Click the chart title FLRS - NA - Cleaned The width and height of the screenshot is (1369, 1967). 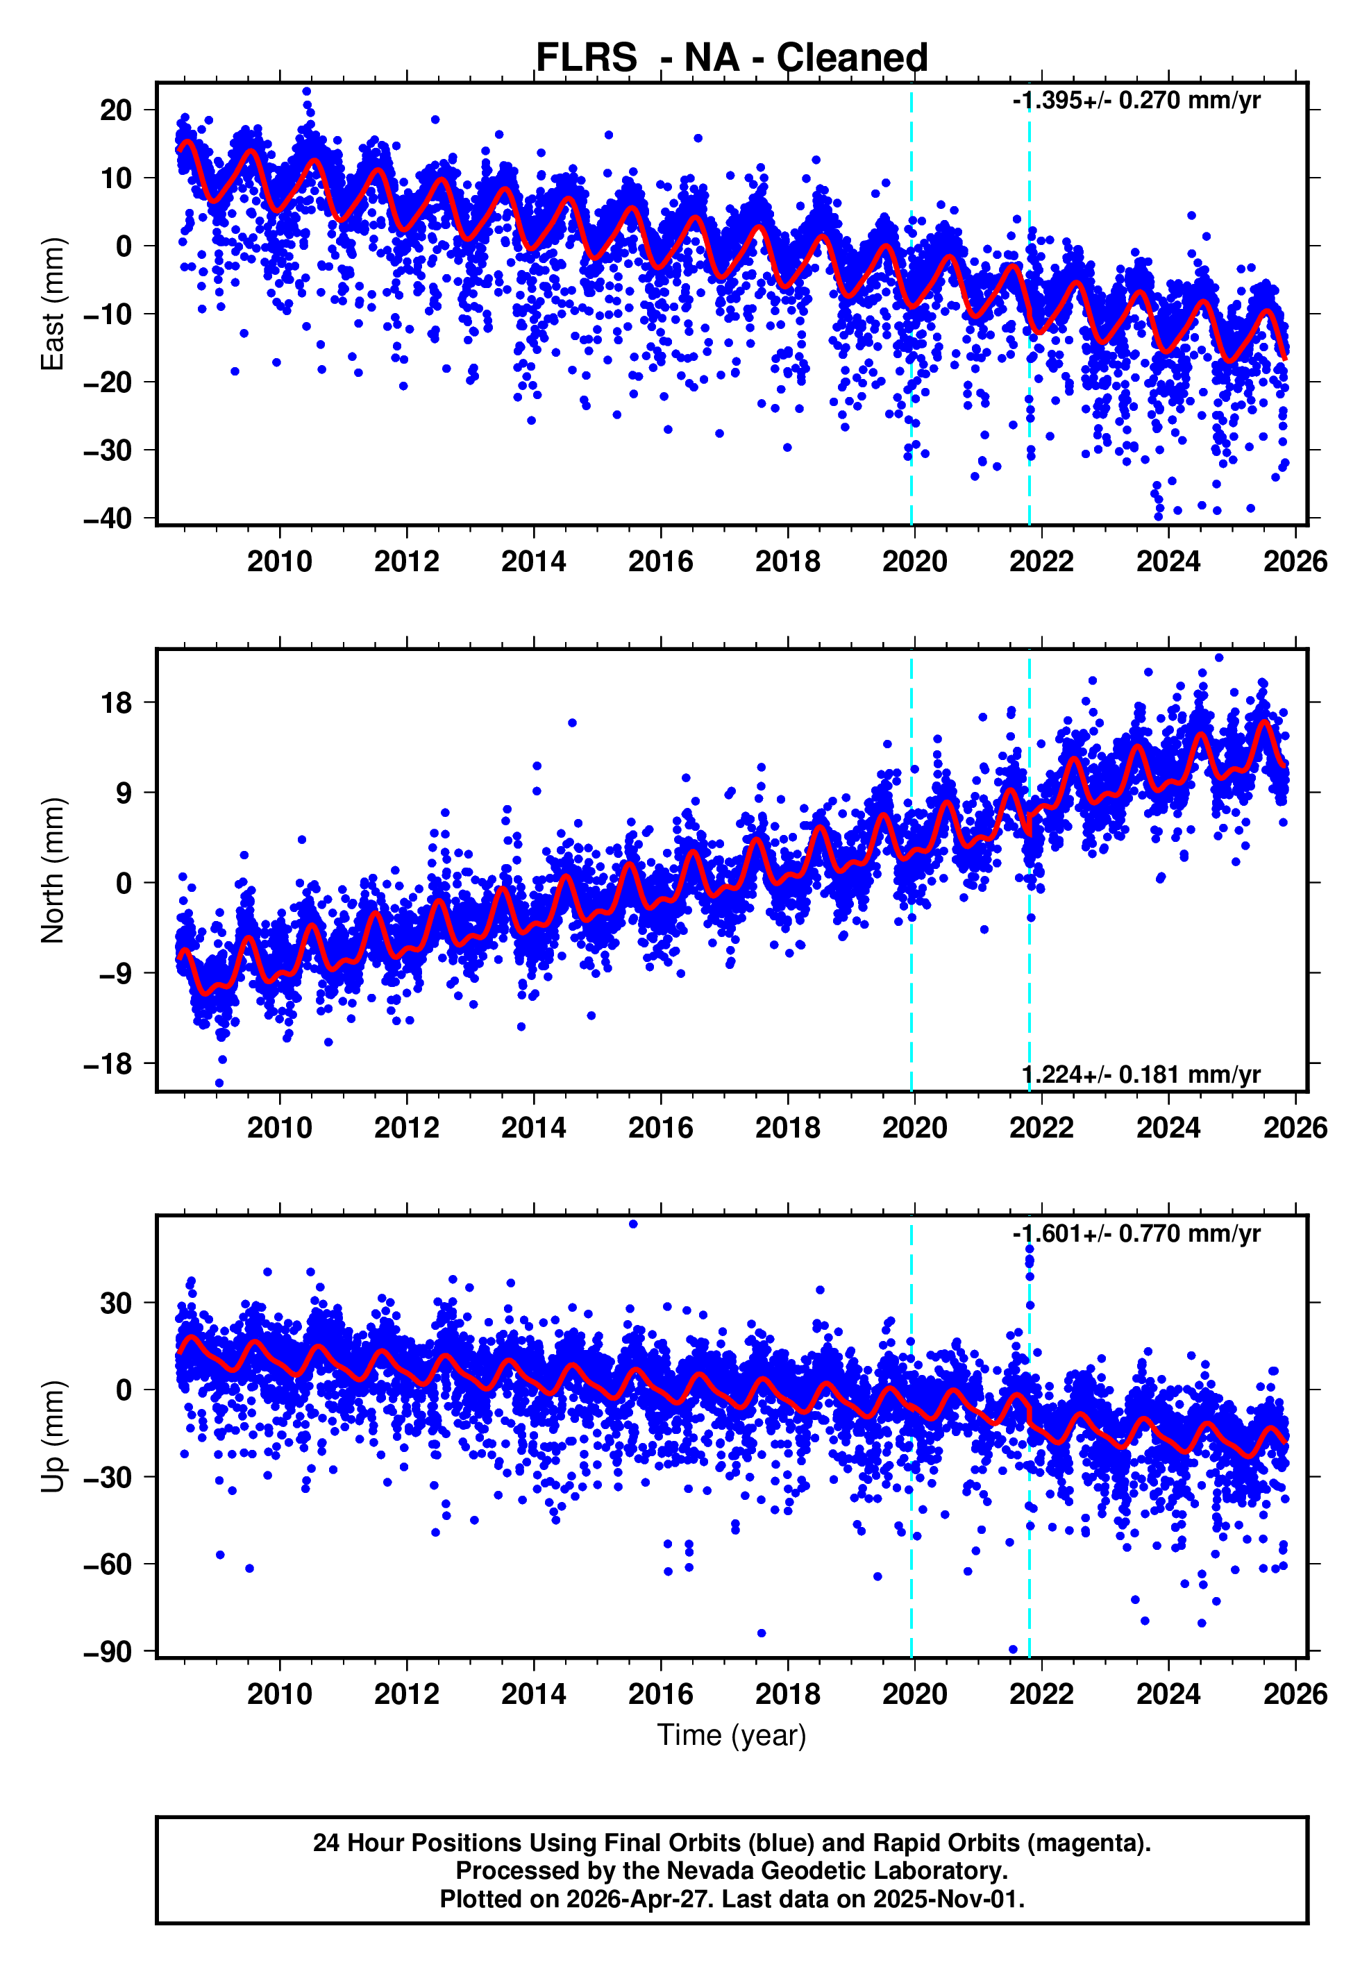click(x=731, y=58)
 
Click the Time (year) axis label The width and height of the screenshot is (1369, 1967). click(x=731, y=1734)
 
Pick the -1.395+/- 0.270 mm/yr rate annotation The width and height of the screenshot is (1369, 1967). click(x=1135, y=101)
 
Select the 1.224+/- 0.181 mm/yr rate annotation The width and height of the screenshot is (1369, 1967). click(x=1141, y=1074)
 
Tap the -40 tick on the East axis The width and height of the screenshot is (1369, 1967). click(x=108, y=518)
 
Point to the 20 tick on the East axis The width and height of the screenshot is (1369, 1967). click(x=117, y=110)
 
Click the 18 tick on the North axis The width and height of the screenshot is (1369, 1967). click(x=117, y=703)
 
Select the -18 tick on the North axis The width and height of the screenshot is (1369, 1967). click(x=108, y=1064)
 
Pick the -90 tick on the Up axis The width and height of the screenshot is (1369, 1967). click(x=108, y=1652)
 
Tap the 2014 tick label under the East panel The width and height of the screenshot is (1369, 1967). click(x=533, y=562)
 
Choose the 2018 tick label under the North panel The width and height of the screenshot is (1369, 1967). click(x=787, y=1129)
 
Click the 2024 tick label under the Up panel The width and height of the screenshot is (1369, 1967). click(x=1168, y=1694)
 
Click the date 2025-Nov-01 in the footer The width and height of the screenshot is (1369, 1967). click(x=947, y=1899)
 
